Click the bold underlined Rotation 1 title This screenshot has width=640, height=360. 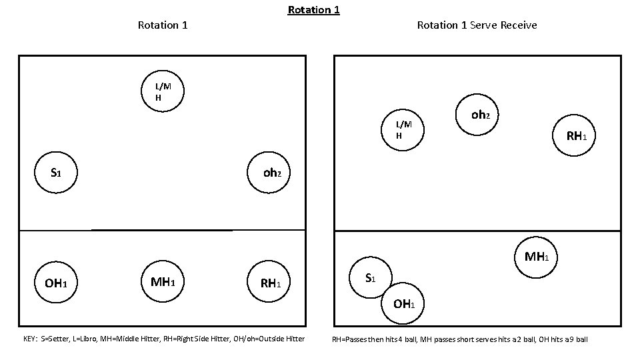pyautogui.click(x=313, y=10)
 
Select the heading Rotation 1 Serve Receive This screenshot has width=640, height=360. pyautogui.click(x=477, y=25)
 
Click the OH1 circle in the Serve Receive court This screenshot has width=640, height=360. pyautogui.click(x=404, y=304)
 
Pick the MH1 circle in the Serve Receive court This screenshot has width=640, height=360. pyautogui.click(x=535, y=257)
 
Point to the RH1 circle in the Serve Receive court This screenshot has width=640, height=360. pyautogui.click(x=575, y=136)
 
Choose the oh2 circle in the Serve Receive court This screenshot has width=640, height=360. pyautogui.click(x=479, y=115)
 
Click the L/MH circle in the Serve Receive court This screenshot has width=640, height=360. pyautogui.click(x=404, y=130)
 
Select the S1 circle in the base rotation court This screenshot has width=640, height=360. pyautogui.click(x=57, y=173)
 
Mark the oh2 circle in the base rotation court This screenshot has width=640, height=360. pyautogui.click(x=271, y=173)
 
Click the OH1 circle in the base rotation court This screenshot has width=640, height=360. pyautogui.click(x=57, y=283)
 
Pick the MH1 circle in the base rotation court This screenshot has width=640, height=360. pyautogui.click(x=163, y=282)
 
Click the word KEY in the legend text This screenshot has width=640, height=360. pyautogui.click(x=31, y=339)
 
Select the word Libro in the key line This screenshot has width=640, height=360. pyautogui.click(x=87, y=339)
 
